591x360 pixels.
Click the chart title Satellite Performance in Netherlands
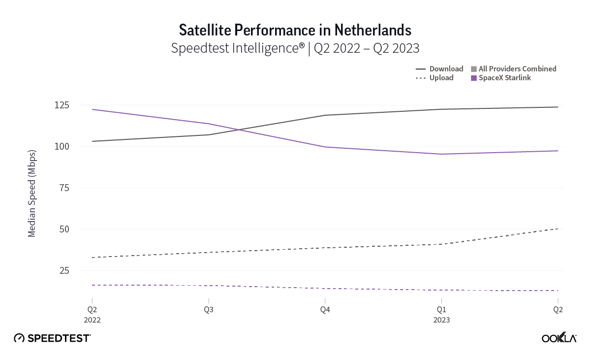295,30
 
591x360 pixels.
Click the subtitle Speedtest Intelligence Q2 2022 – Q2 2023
295,48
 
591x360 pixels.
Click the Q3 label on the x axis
209,310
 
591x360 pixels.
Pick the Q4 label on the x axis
325,310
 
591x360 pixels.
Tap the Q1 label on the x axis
441,310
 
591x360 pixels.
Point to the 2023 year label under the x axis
441,320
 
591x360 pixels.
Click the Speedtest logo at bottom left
52,338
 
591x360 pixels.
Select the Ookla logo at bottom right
559,338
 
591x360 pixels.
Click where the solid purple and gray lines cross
239,130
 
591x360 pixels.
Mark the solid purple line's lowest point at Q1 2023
441,154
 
